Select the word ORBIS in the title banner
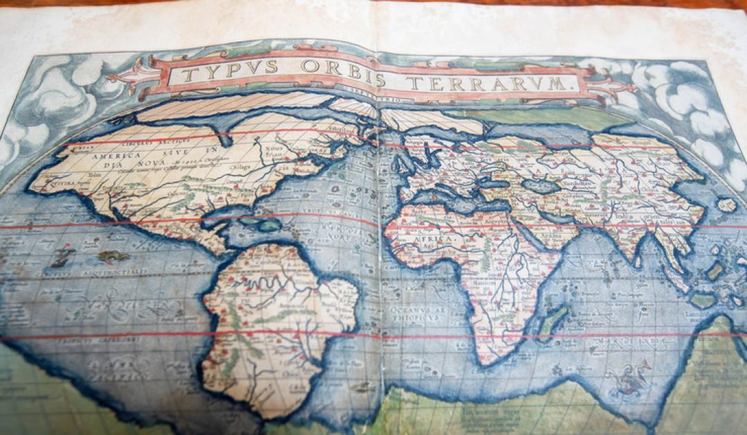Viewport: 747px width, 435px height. [x=342, y=73]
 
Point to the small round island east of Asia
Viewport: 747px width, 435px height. [x=726, y=205]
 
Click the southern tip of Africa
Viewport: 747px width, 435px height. [x=495, y=360]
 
